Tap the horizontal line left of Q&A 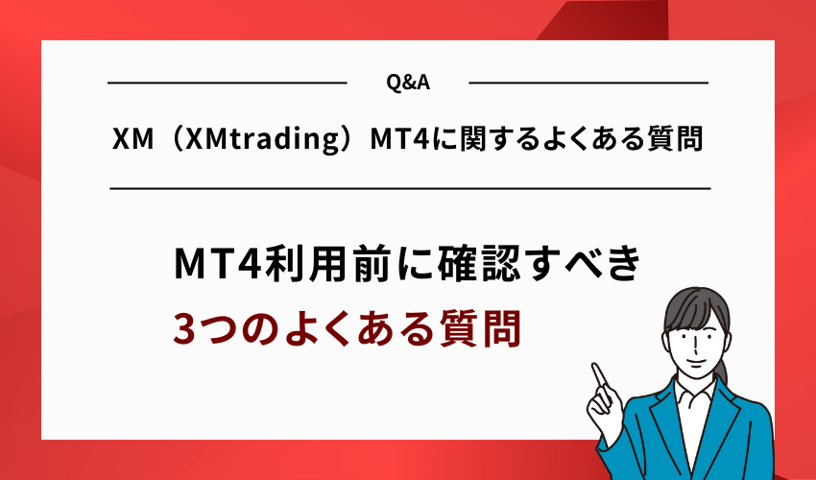coord(227,84)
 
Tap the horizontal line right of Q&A coord(588,84)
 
